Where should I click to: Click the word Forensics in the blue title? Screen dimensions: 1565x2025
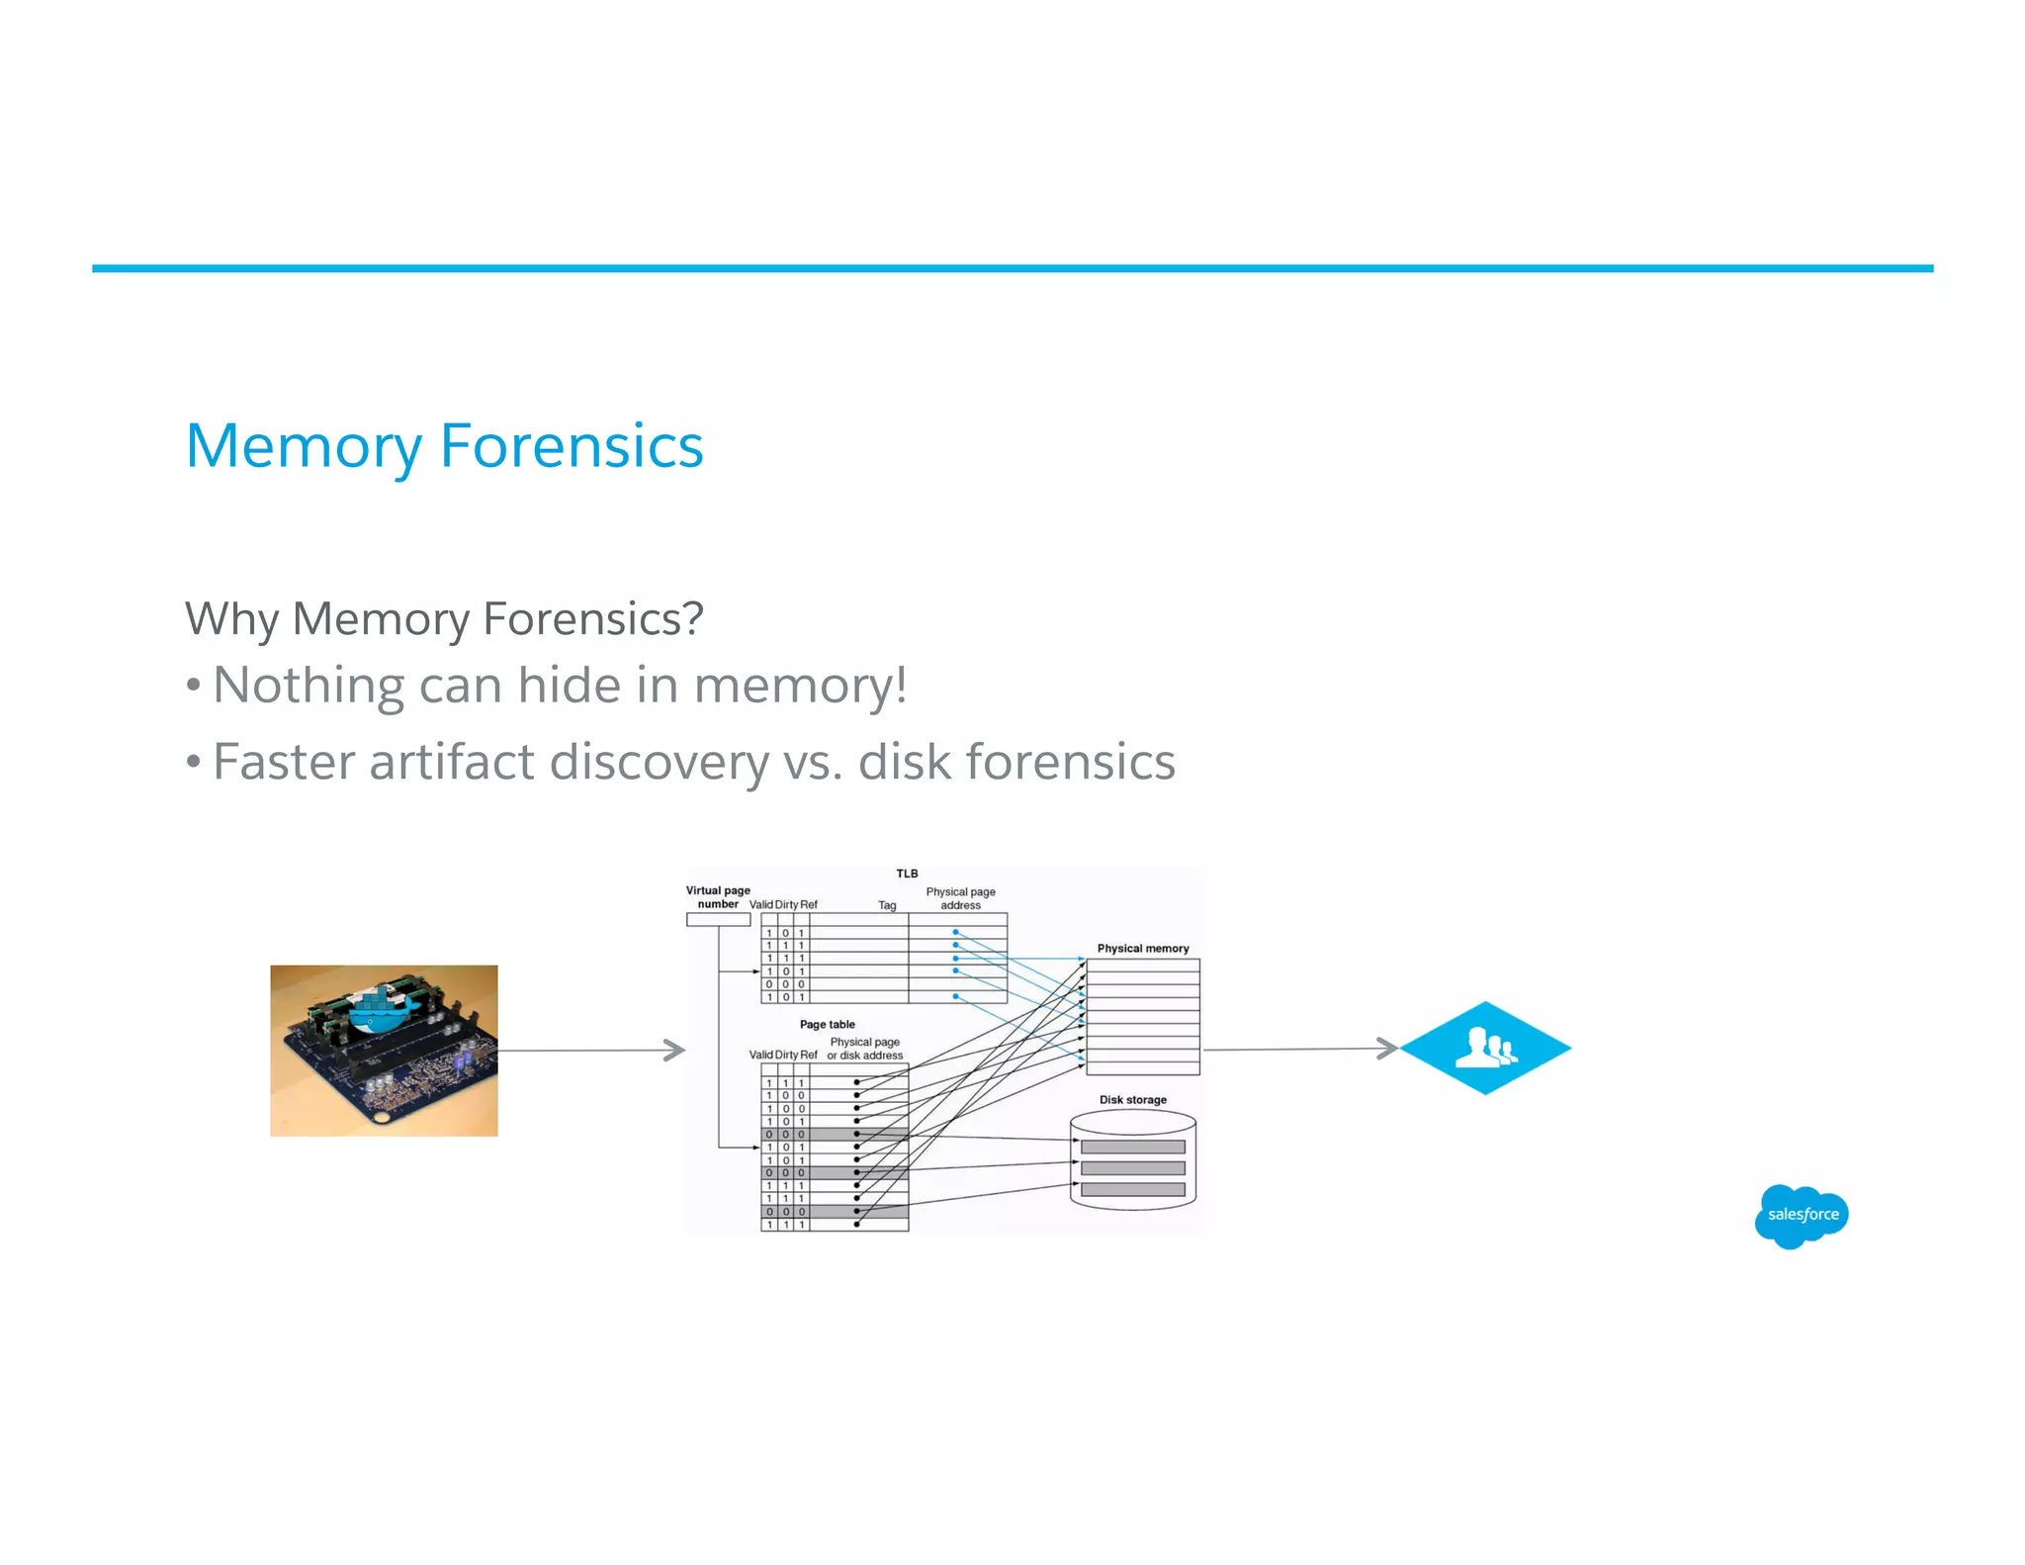(x=571, y=445)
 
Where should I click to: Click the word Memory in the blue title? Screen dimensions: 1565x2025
(x=304, y=447)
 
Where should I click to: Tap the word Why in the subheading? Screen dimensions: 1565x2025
(x=231, y=620)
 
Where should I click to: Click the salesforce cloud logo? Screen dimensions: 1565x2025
(x=1802, y=1215)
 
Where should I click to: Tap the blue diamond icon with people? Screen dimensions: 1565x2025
(x=1485, y=1048)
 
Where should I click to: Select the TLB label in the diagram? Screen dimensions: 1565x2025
(x=907, y=874)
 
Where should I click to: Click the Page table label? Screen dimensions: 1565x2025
(x=827, y=1024)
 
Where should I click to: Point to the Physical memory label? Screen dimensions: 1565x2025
(x=1142, y=948)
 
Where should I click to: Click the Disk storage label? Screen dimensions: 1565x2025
(x=1132, y=1099)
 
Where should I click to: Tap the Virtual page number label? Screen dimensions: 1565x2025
(x=718, y=896)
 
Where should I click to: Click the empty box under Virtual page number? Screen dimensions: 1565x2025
(x=718, y=920)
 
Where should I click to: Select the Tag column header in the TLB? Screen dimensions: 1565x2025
(x=887, y=905)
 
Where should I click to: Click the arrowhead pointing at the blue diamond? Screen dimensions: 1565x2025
(x=1388, y=1049)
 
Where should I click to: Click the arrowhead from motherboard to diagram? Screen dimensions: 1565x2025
(x=675, y=1050)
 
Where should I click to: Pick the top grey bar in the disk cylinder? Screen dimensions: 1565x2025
(x=1132, y=1147)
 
